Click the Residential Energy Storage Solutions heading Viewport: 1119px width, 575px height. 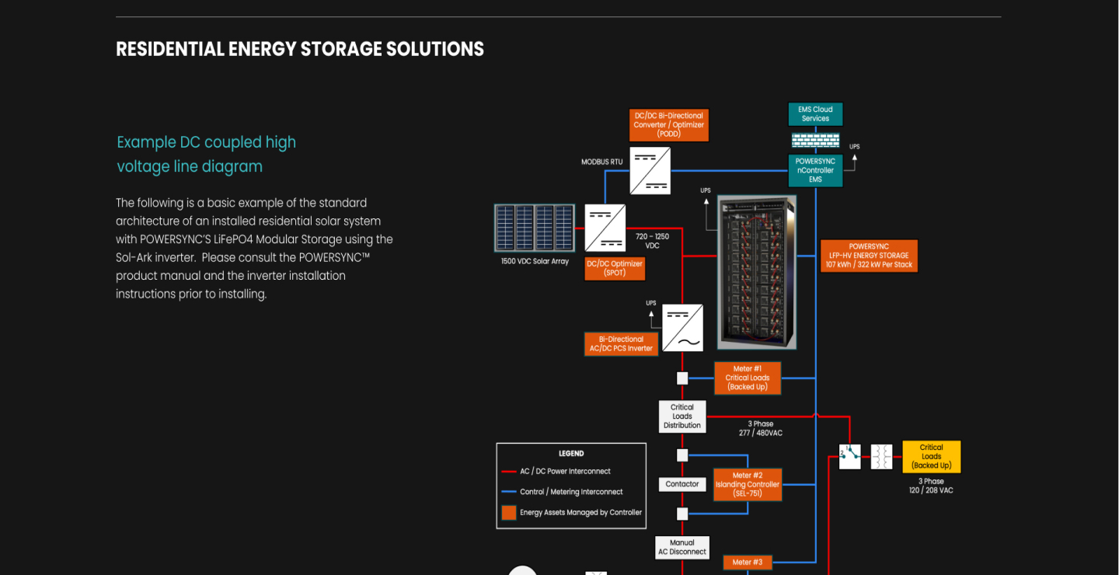pyautogui.click(x=300, y=49)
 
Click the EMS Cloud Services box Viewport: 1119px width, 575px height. pyautogui.click(x=815, y=114)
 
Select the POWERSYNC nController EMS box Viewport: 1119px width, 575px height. pyautogui.click(x=815, y=170)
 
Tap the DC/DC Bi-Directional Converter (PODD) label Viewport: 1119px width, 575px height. pyautogui.click(x=668, y=125)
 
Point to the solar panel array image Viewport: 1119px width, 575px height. pyautogui.click(x=534, y=228)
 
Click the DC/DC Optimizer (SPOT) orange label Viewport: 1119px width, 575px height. pyautogui.click(x=614, y=268)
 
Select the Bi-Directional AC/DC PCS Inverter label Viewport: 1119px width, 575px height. pyautogui.click(x=621, y=344)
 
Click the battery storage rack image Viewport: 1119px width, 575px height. pyautogui.click(x=756, y=272)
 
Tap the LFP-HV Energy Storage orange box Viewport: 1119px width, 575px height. pyautogui.click(x=868, y=256)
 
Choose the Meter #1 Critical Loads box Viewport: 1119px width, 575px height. pyautogui.click(x=747, y=378)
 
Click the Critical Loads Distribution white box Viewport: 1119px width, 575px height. pyautogui.click(x=682, y=416)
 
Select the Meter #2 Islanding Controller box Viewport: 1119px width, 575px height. pyautogui.click(x=747, y=485)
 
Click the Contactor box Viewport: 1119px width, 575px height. pyautogui.click(x=682, y=484)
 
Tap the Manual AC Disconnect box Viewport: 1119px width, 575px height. pyautogui.click(x=682, y=547)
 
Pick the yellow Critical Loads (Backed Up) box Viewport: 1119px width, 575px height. pyautogui.click(x=931, y=456)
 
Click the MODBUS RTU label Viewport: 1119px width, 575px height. pyautogui.click(x=602, y=162)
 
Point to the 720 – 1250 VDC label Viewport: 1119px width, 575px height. pyautogui.click(x=652, y=241)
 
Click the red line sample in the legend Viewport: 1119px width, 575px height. pyautogui.click(x=509, y=472)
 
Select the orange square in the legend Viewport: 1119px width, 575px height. pyautogui.click(x=509, y=513)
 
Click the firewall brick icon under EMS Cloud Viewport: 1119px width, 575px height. pyautogui.click(x=815, y=140)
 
